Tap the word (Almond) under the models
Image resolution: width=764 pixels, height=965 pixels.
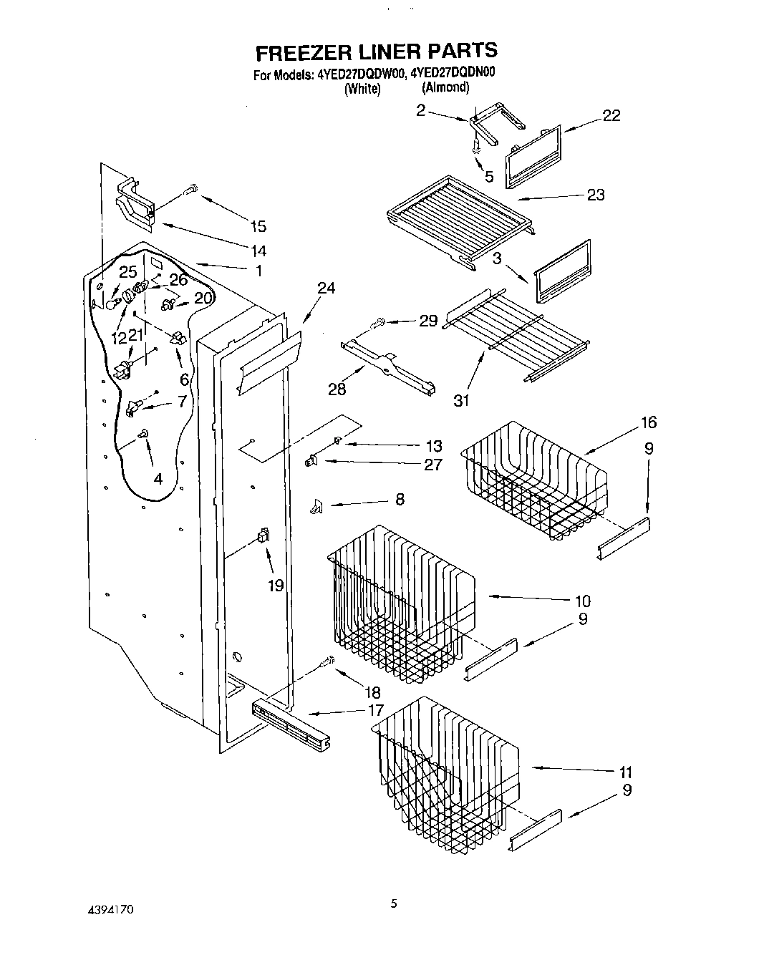click(445, 87)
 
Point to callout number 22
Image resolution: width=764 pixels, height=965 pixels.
click(611, 115)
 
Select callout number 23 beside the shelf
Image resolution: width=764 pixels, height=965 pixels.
click(595, 195)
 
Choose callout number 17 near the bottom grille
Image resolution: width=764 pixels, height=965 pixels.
click(375, 711)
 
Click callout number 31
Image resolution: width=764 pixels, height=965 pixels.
click(462, 400)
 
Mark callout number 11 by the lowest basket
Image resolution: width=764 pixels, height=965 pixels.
click(625, 772)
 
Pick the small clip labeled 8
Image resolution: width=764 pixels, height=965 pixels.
click(316, 507)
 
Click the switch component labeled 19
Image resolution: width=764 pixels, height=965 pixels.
click(263, 534)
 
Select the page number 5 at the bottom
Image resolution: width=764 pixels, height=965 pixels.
click(393, 903)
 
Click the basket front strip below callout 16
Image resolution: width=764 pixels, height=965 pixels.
click(624, 539)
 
